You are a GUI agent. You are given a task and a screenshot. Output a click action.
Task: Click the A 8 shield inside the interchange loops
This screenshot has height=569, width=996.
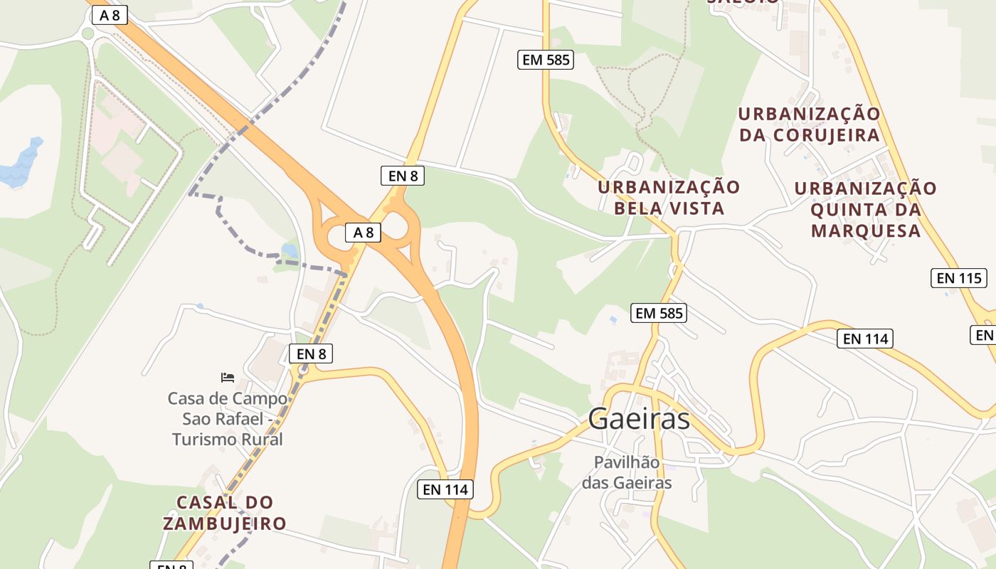363,232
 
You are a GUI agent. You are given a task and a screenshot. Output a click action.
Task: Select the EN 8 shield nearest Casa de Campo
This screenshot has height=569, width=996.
311,353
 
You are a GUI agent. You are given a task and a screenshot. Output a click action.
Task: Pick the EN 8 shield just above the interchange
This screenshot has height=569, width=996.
403,176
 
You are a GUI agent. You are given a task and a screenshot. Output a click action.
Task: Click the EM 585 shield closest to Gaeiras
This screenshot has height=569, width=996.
658,312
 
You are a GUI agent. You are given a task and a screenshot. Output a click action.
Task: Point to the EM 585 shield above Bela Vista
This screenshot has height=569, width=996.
546,60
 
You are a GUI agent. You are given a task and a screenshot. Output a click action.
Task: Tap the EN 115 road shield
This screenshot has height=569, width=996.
959,278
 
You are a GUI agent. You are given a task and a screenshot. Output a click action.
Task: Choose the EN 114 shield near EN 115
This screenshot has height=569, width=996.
865,339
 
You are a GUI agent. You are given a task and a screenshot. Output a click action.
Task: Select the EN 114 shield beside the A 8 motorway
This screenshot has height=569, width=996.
445,489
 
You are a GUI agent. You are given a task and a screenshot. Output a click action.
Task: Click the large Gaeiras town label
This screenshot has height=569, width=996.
639,419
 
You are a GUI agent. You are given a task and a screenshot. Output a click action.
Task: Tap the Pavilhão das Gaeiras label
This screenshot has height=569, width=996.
627,472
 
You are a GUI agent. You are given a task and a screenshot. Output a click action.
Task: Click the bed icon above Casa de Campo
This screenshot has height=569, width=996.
228,377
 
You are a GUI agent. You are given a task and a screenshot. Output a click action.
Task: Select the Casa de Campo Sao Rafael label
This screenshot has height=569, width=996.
228,419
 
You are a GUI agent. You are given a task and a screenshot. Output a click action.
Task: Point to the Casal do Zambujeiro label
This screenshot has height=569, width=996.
225,513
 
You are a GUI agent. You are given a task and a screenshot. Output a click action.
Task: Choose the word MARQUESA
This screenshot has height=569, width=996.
866,231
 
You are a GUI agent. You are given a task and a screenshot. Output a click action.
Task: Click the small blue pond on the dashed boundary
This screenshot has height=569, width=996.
290,250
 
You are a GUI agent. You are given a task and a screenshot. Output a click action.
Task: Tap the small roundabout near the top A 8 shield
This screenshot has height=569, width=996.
88,33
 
